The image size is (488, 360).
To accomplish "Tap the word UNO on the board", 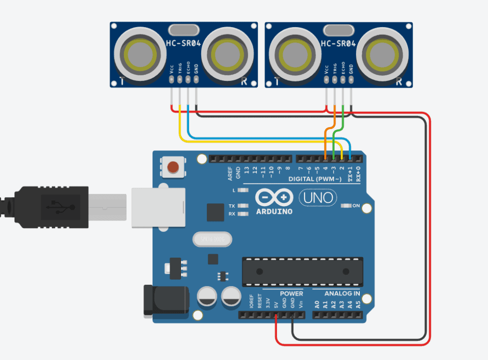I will point(318,197).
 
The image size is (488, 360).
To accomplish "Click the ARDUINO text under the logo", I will point(274,211).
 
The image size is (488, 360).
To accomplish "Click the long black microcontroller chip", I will point(302,271).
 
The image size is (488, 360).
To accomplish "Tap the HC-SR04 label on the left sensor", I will point(183,43).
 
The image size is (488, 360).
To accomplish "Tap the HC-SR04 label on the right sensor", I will point(338,43).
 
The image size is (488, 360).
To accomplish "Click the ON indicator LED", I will point(347,206).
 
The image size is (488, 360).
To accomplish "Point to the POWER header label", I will point(291,293).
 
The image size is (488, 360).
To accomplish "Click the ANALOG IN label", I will point(342,293).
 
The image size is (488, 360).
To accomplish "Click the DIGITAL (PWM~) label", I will point(315,179).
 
